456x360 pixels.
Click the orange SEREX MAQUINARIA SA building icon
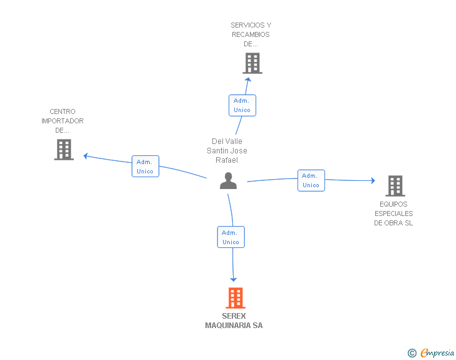click(x=236, y=298)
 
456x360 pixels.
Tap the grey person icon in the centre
click(x=228, y=180)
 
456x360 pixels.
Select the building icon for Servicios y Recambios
click(x=252, y=63)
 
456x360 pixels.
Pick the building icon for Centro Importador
click(x=64, y=150)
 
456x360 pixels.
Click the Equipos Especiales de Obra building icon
click(x=395, y=186)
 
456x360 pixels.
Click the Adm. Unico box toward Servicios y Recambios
click(x=242, y=105)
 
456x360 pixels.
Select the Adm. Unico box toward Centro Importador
click(x=145, y=166)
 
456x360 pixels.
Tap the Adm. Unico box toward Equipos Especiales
click(x=311, y=180)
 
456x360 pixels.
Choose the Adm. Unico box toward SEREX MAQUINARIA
click(x=231, y=237)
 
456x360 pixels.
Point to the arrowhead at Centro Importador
click(x=85, y=156)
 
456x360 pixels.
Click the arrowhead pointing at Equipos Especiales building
click(x=373, y=180)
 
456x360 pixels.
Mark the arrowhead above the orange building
click(x=233, y=280)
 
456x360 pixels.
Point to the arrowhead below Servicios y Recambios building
click(x=248, y=80)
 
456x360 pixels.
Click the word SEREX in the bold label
click(x=234, y=316)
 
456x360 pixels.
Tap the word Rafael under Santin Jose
click(x=227, y=160)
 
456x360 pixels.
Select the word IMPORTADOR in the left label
click(x=63, y=121)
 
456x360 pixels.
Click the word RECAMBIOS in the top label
click(x=251, y=34)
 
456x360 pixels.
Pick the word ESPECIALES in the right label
click(x=394, y=213)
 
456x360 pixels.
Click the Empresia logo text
click(x=437, y=353)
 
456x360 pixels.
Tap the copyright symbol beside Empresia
click(x=412, y=353)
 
